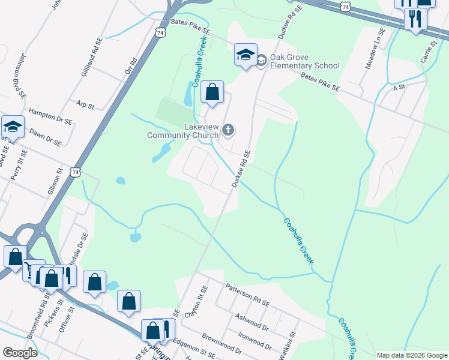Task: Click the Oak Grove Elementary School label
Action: click(x=304, y=61)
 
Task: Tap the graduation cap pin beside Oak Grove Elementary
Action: click(x=245, y=55)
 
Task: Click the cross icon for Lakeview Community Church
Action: click(x=228, y=130)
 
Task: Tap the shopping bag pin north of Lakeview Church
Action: click(x=212, y=92)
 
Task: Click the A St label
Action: click(x=399, y=88)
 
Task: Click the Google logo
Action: click(x=20, y=352)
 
